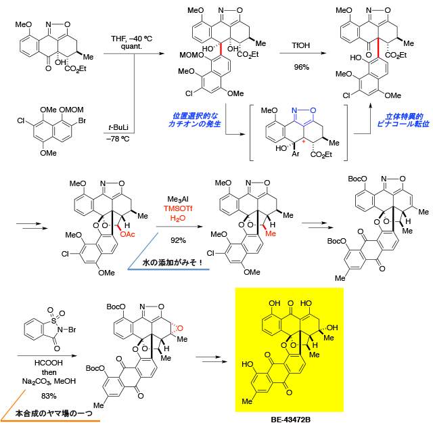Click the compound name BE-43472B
(x=290, y=420)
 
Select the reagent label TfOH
(x=300, y=45)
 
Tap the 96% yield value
(x=301, y=67)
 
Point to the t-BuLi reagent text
(x=118, y=127)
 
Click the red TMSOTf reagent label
(x=178, y=208)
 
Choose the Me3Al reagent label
(x=178, y=200)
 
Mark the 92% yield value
(x=178, y=240)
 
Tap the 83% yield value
(x=49, y=396)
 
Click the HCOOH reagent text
(x=49, y=363)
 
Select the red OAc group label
(x=127, y=234)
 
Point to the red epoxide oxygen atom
(x=180, y=328)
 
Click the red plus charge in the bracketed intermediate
(x=304, y=141)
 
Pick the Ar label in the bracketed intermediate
(x=296, y=154)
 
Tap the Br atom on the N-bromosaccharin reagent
(x=72, y=330)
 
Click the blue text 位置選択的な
(x=195, y=116)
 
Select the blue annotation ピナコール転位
(x=403, y=124)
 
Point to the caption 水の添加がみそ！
(x=173, y=262)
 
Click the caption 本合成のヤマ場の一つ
(x=54, y=413)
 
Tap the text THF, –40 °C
(x=131, y=39)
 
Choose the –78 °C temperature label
(x=118, y=139)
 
